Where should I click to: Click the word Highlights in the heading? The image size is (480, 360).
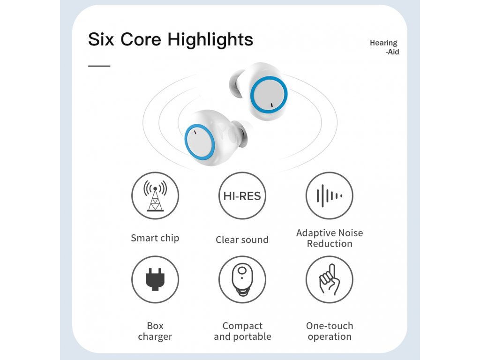[210, 40]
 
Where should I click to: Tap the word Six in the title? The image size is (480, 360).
[101, 39]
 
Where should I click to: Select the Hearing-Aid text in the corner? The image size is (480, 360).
[384, 47]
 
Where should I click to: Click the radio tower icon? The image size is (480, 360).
[155, 195]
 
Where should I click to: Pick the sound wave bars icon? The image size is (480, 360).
[330, 195]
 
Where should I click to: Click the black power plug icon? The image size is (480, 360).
[155, 279]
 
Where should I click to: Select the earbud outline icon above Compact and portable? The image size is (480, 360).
[242, 280]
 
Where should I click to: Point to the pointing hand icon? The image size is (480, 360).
[330, 279]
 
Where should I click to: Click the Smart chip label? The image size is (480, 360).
[155, 238]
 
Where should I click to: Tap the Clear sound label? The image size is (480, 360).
[242, 240]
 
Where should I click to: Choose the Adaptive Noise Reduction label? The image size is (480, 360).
[330, 238]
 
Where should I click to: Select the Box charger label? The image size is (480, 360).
[155, 331]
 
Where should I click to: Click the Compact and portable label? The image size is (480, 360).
[242, 331]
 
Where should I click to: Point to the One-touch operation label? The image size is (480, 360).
[330, 331]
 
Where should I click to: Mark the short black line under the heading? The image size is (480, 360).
[99, 66]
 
